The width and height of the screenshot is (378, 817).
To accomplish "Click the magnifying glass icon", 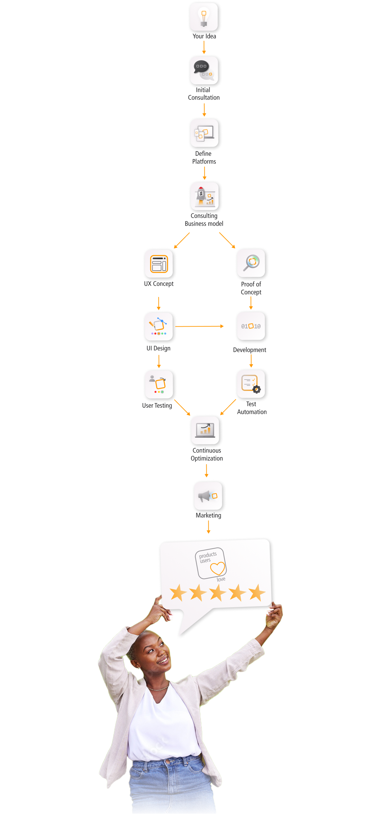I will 251,263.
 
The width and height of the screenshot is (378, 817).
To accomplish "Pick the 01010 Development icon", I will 251,326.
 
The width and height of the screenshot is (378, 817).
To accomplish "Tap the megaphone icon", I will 209,496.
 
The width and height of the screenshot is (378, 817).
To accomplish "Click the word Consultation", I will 204,97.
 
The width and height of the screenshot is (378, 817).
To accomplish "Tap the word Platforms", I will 204,161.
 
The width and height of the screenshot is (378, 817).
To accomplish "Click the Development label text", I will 249,350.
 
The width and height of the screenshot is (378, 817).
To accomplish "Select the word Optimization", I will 207,458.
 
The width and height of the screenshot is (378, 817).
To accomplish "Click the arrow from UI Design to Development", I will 200,326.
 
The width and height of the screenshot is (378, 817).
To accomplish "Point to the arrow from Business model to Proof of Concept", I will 227,240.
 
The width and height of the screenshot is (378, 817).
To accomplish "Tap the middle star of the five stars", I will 218,593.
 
